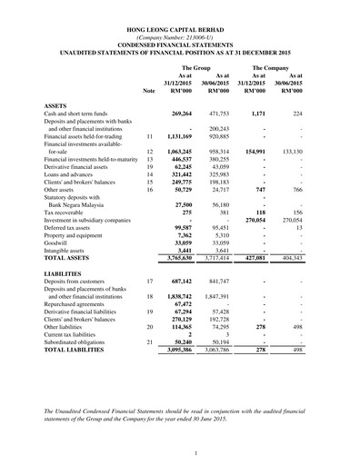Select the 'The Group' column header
197,68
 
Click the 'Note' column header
149,92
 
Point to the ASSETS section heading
56,107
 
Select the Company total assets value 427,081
261,258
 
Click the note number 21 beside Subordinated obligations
149,341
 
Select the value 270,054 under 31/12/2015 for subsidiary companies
261,220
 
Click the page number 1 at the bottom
180,452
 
